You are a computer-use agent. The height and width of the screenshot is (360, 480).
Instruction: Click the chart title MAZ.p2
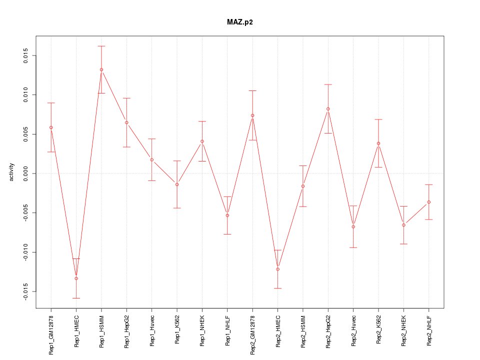pyautogui.click(x=239, y=22)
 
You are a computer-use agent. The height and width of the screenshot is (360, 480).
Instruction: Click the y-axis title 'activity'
pyautogui.click(x=11, y=172)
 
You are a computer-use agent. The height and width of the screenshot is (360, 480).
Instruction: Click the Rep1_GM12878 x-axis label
pyautogui.click(x=51, y=334)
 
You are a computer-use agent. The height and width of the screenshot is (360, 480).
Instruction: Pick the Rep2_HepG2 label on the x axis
pyautogui.click(x=328, y=330)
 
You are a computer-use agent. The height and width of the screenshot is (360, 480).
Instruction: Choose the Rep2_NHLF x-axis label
pyautogui.click(x=429, y=330)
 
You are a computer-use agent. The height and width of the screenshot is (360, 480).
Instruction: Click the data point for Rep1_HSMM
pyautogui.click(x=101, y=69)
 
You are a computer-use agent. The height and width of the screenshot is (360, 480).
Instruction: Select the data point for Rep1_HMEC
pyautogui.click(x=76, y=278)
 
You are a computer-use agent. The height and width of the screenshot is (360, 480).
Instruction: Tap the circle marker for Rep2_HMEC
pyautogui.click(x=278, y=269)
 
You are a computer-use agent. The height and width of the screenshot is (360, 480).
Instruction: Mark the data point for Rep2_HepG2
pyautogui.click(x=328, y=108)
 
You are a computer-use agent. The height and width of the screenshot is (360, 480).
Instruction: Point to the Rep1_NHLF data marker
pyautogui.click(x=227, y=215)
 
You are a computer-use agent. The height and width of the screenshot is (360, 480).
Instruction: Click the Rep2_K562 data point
pyautogui.click(x=378, y=143)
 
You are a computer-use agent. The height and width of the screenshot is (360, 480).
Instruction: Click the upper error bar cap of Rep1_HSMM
pyautogui.click(x=101, y=46)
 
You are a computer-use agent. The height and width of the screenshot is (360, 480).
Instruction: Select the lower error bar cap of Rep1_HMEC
pyautogui.click(x=76, y=298)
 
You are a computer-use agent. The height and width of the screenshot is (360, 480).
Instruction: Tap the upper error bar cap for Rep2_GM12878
pyautogui.click(x=252, y=90)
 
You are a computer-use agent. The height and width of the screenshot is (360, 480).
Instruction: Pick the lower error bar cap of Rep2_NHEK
pyautogui.click(x=403, y=244)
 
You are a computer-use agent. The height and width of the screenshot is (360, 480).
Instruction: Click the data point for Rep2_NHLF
pyautogui.click(x=429, y=202)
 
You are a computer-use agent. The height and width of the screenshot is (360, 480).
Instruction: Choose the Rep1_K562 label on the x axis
pyautogui.click(x=177, y=330)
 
